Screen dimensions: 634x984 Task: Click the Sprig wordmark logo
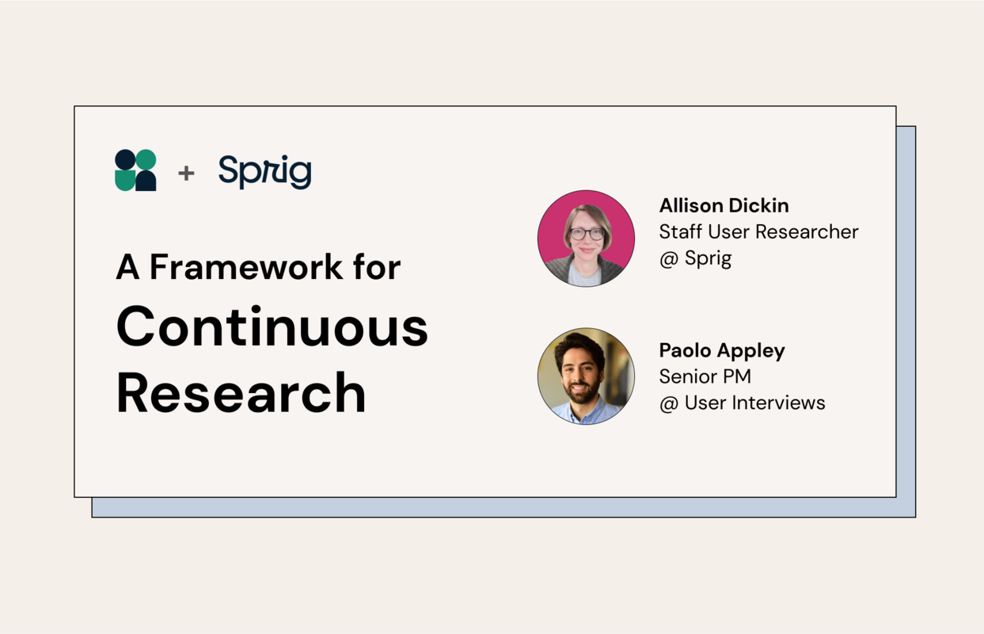point(264,171)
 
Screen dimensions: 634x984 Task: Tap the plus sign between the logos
point(186,172)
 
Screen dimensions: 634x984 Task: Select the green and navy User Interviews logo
point(135,170)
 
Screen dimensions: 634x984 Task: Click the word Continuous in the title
point(272,327)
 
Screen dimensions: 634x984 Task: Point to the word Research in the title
point(241,392)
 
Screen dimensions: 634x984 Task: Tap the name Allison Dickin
point(724,205)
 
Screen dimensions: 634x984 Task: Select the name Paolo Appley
point(722,350)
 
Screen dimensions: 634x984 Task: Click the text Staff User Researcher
point(758,231)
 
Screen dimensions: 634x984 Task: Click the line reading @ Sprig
point(695,258)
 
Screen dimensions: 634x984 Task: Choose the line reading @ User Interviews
point(742,403)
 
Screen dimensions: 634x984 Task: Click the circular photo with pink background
point(586,238)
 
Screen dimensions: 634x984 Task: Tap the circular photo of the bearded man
point(586,376)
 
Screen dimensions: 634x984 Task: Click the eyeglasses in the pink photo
point(587,234)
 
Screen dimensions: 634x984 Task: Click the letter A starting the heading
point(127,267)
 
